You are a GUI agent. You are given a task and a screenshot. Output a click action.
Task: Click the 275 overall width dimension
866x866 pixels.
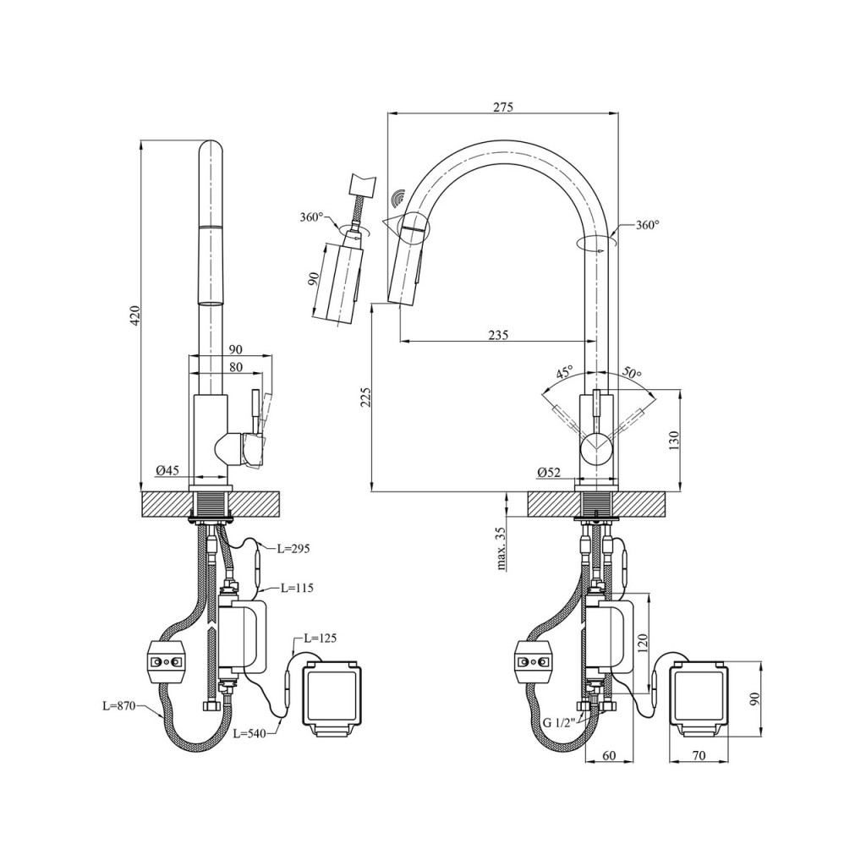point(503,107)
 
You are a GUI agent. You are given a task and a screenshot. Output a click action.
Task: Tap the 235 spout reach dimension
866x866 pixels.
point(498,335)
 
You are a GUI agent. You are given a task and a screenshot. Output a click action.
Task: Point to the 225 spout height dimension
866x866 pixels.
point(365,397)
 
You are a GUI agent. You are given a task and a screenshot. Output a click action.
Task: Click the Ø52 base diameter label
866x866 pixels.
point(548,472)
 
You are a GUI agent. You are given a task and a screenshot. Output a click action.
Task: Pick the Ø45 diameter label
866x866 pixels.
point(167,470)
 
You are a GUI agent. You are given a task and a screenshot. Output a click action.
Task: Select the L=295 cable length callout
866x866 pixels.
point(293,548)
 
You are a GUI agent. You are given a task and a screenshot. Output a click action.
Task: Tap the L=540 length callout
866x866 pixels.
point(249,733)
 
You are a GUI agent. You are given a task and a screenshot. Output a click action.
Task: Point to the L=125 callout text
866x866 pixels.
point(320,638)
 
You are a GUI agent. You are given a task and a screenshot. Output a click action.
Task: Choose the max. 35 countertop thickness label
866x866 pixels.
point(501,548)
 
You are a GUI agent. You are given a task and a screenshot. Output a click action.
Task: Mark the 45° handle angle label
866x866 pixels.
point(564,372)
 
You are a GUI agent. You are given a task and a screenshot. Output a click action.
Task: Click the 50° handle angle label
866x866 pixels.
point(632,372)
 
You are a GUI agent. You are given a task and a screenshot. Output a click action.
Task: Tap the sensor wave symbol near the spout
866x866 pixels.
point(398,198)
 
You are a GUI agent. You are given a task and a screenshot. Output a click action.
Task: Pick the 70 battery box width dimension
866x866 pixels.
point(699,755)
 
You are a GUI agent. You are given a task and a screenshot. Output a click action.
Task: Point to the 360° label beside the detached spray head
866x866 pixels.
point(311,217)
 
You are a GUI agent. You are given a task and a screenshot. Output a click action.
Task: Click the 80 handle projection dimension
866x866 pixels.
point(236,367)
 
